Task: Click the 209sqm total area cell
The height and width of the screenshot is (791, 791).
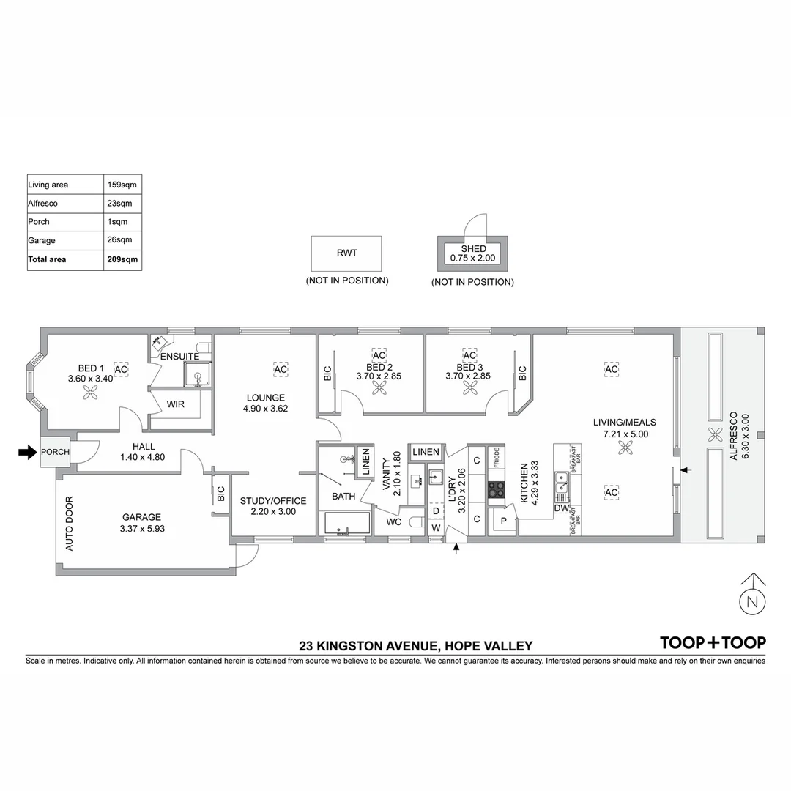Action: [x=122, y=259]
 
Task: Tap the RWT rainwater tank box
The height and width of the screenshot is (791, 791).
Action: [x=346, y=253]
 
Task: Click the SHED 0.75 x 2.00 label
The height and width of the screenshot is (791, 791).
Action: [x=473, y=253]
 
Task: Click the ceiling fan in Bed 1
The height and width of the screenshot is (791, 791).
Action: [x=92, y=394]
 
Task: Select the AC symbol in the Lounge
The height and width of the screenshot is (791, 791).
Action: [x=280, y=370]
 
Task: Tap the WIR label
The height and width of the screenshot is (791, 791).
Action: [x=175, y=404]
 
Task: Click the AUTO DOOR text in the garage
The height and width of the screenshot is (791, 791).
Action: [x=70, y=524]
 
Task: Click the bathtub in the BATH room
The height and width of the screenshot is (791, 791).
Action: [x=347, y=524]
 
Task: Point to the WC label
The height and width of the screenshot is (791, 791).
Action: [x=393, y=523]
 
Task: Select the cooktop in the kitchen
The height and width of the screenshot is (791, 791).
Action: [x=497, y=489]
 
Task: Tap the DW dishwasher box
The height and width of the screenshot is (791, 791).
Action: [x=562, y=508]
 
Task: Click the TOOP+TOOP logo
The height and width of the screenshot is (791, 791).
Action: [x=713, y=642]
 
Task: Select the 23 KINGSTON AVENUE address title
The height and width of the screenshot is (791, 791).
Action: [x=415, y=646]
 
